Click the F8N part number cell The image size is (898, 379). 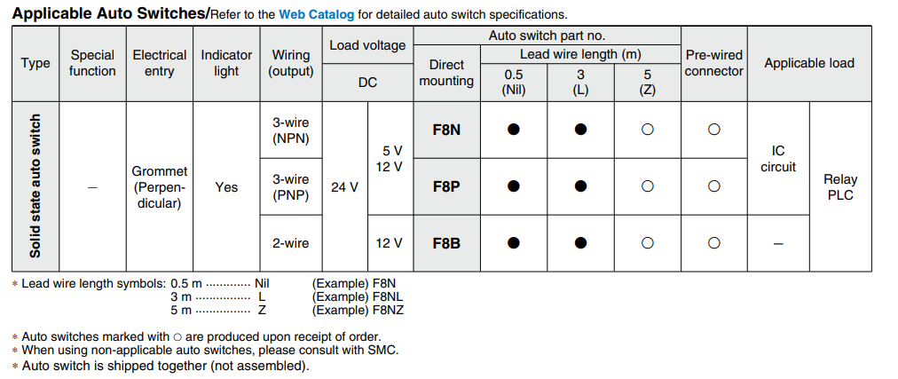(x=446, y=130)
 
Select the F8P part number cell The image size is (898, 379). (x=446, y=186)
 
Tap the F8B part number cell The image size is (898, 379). (x=446, y=242)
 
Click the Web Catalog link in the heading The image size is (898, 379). (x=316, y=14)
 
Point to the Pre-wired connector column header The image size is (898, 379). (x=713, y=63)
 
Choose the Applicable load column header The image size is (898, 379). (x=809, y=63)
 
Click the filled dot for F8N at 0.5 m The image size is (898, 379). (x=513, y=130)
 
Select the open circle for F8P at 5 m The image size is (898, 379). (x=647, y=186)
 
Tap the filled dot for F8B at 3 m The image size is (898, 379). (x=580, y=242)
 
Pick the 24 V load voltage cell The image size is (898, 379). (x=344, y=187)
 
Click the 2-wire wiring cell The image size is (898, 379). (x=290, y=242)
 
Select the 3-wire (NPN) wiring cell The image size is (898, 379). (x=290, y=130)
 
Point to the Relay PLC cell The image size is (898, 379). (x=840, y=187)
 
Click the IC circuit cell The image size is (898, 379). (x=778, y=159)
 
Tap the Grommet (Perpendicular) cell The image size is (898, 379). (x=160, y=187)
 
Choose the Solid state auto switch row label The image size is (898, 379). (x=35, y=186)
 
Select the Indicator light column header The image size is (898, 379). (x=226, y=63)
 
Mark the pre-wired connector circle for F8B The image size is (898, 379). (x=713, y=242)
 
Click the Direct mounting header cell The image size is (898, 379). (x=446, y=73)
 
